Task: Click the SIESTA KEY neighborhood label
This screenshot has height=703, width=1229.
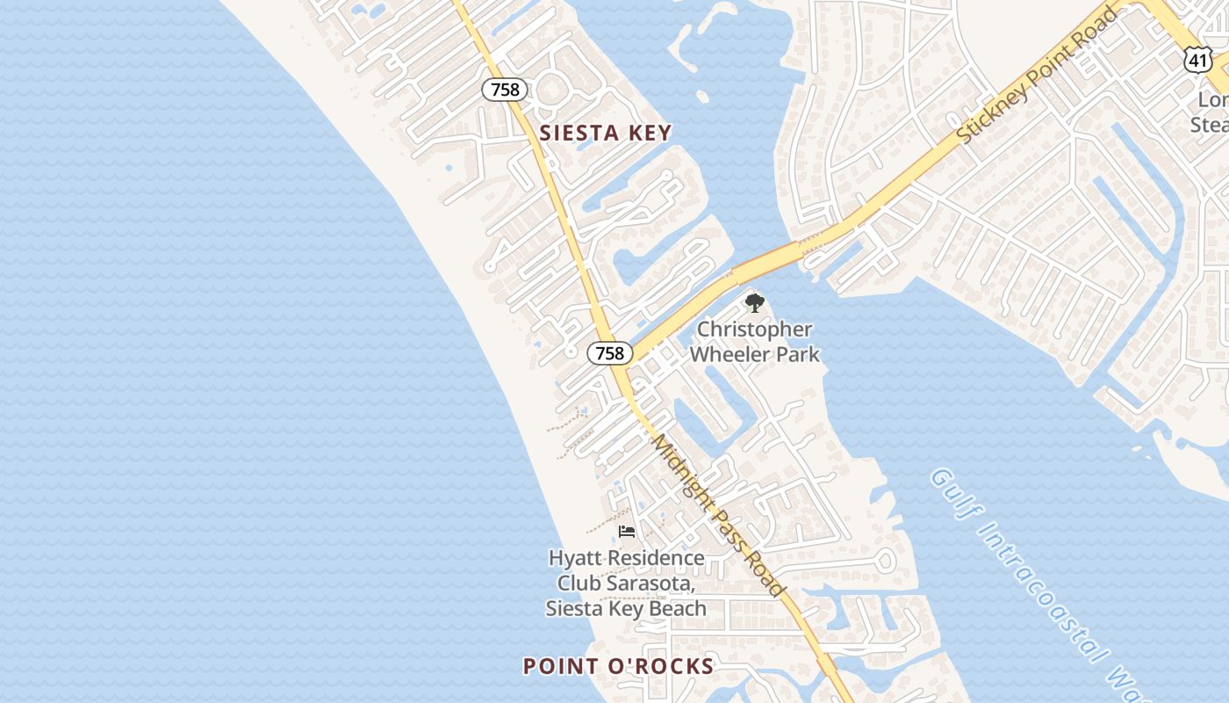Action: (x=605, y=134)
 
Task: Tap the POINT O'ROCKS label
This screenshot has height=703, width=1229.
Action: (x=618, y=666)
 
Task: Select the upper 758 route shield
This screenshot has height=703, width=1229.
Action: (x=505, y=89)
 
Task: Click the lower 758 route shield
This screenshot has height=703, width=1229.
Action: (x=609, y=353)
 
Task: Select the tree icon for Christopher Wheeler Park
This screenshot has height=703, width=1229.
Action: (x=754, y=304)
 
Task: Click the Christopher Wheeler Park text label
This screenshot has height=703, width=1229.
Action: (x=754, y=342)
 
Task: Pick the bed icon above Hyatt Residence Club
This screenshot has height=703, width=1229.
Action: (x=627, y=532)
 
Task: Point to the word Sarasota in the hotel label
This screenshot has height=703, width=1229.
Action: (x=656, y=583)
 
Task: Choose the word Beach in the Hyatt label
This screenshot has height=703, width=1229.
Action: (x=676, y=608)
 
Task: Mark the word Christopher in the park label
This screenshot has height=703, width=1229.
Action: (x=754, y=330)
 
